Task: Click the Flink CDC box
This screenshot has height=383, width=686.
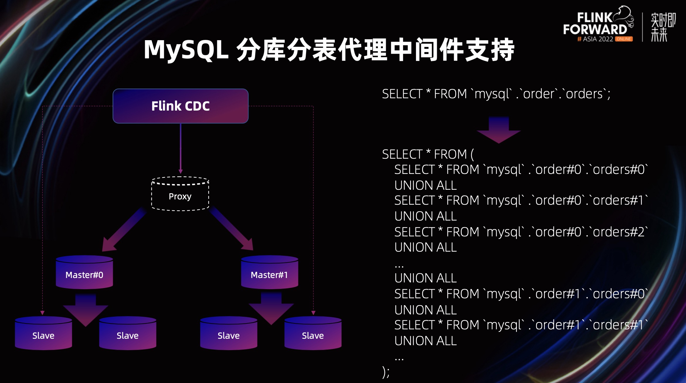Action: coord(181,106)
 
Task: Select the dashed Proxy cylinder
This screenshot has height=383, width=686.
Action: coord(180,194)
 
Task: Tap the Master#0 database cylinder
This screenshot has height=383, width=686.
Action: coord(84,272)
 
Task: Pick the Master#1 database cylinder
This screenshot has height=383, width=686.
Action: coord(269,272)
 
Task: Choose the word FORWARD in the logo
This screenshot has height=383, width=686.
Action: coord(595,30)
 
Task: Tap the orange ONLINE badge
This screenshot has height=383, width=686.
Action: coord(624,39)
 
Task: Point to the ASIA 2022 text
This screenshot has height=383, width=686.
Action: coord(598,39)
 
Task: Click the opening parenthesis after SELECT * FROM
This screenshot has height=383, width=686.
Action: coord(472,155)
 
